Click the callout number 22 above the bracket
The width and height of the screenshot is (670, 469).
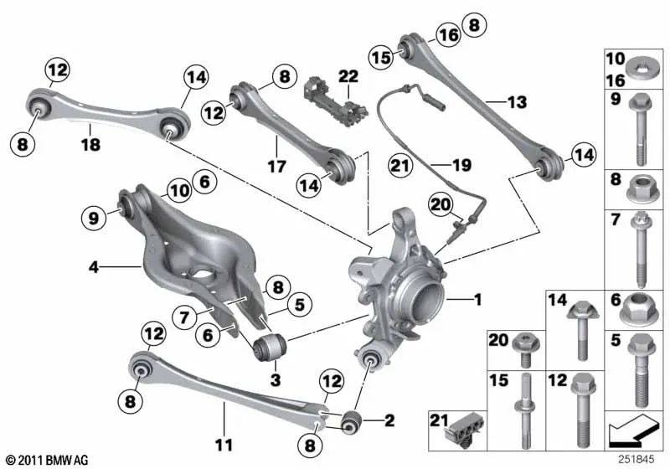coord(348,77)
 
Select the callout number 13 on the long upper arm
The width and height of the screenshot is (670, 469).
coord(517,103)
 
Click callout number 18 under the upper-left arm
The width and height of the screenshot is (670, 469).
coord(90,145)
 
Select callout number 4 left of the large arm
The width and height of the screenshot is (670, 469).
coord(95,268)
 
